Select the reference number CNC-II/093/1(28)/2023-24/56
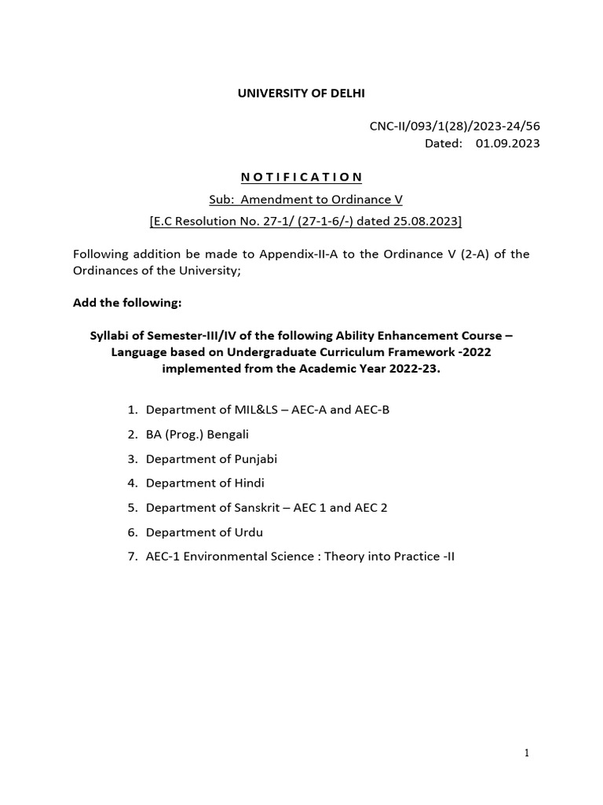tap(455, 126)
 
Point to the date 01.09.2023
tap(507, 143)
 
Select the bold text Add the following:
tap(127, 303)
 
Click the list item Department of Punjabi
tap(211, 458)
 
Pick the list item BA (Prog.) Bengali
tap(197, 434)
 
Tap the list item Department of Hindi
tap(205, 483)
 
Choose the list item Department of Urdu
tap(204, 532)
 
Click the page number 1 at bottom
tap(527, 753)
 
